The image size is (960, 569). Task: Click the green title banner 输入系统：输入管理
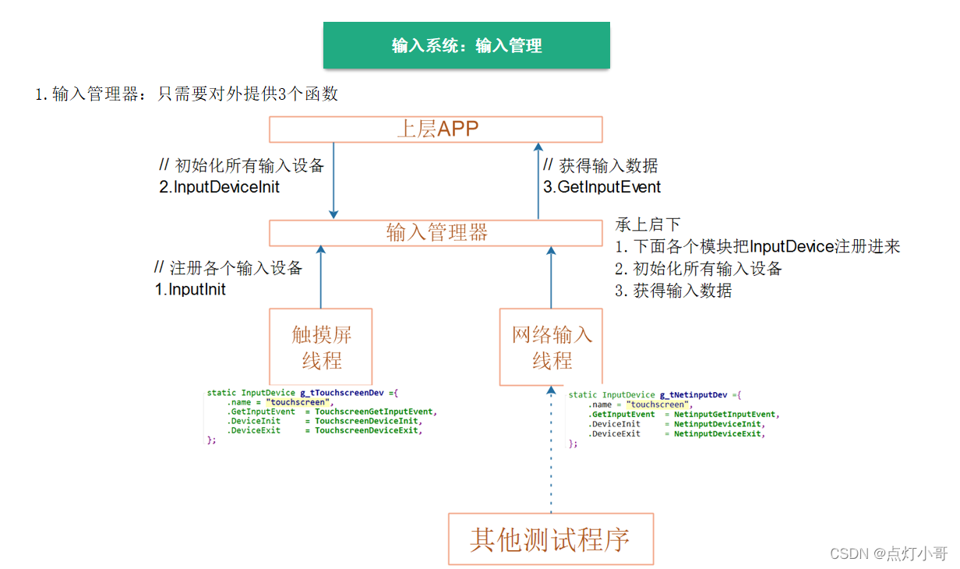click(466, 45)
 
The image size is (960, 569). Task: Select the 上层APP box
click(436, 129)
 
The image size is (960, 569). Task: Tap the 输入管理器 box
click(436, 232)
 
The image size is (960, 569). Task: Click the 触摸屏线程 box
click(321, 347)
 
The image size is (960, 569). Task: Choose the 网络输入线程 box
click(551, 347)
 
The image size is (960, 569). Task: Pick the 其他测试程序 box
click(550, 539)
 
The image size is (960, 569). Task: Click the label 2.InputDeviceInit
click(219, 187)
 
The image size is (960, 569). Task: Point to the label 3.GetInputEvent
click(602, 187)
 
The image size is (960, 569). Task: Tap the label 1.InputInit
click(190, 289)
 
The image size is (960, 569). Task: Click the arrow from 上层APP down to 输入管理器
click(334, 179)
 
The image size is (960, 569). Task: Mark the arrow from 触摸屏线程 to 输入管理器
click(320, 277)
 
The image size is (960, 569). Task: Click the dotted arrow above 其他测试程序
click(551, 452)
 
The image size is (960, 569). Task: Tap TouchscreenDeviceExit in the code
click(366, 430)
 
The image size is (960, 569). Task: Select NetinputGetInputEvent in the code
click(725, 415)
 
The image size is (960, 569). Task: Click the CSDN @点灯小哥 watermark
click(888, 553)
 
